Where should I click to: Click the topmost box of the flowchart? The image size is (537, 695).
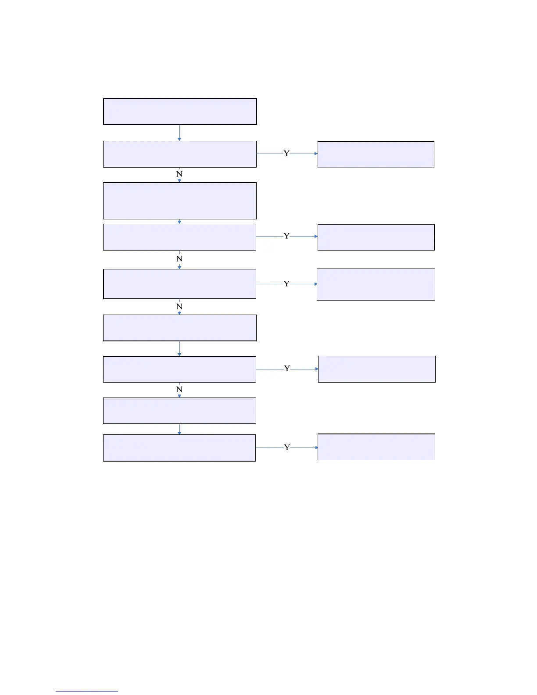[180, 111]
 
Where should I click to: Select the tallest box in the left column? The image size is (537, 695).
[180, 201]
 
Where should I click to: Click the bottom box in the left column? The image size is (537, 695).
[180, 448]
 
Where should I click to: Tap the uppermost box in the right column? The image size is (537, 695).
[376, 154]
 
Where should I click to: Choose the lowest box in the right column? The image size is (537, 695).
[376, 447]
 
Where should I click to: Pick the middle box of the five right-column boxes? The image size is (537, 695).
[376, 284]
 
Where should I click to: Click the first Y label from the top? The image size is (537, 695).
[286, 154]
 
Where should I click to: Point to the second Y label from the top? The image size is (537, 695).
[286, 236]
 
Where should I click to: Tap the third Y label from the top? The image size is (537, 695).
[286, 284]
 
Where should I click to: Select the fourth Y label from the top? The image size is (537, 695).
[287, 369]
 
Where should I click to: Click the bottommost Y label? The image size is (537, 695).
[287, 448]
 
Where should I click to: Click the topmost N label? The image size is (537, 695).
[179, 174]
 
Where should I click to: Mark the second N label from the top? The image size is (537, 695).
[179, 259]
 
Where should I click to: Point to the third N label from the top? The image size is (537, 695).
[179, 307]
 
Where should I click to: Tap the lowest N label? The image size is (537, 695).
[179, 390]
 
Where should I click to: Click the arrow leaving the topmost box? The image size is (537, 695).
[179, 133]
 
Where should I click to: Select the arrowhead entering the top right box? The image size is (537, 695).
[315, 154]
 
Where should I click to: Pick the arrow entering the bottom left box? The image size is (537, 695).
[179, 430]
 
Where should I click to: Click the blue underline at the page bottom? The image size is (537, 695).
[87, 691]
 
